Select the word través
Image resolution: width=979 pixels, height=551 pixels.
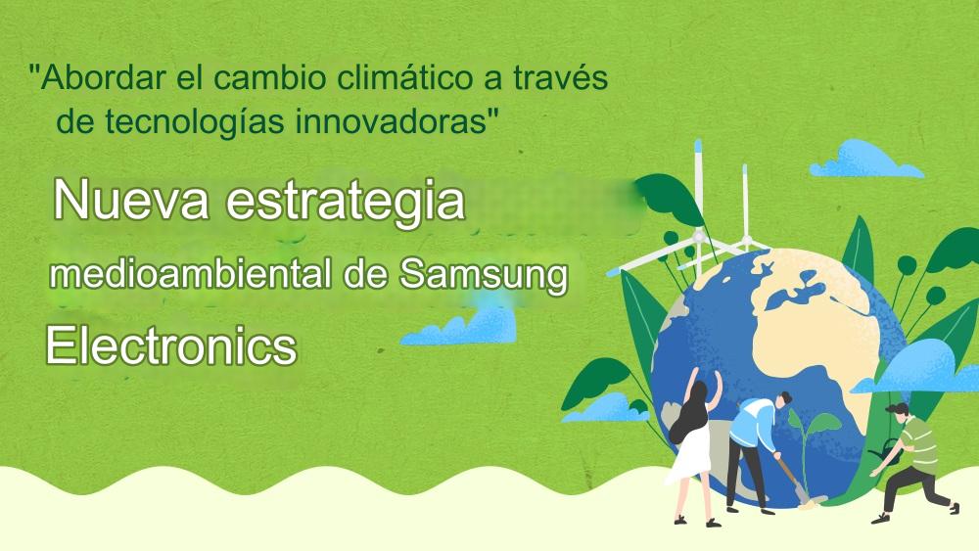560,78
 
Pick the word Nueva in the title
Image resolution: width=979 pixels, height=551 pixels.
131,200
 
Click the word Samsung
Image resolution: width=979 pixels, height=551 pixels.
484,276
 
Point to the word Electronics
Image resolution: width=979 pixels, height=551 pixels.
171,346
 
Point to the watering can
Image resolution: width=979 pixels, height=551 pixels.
887,452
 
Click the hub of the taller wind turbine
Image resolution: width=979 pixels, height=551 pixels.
699,237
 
